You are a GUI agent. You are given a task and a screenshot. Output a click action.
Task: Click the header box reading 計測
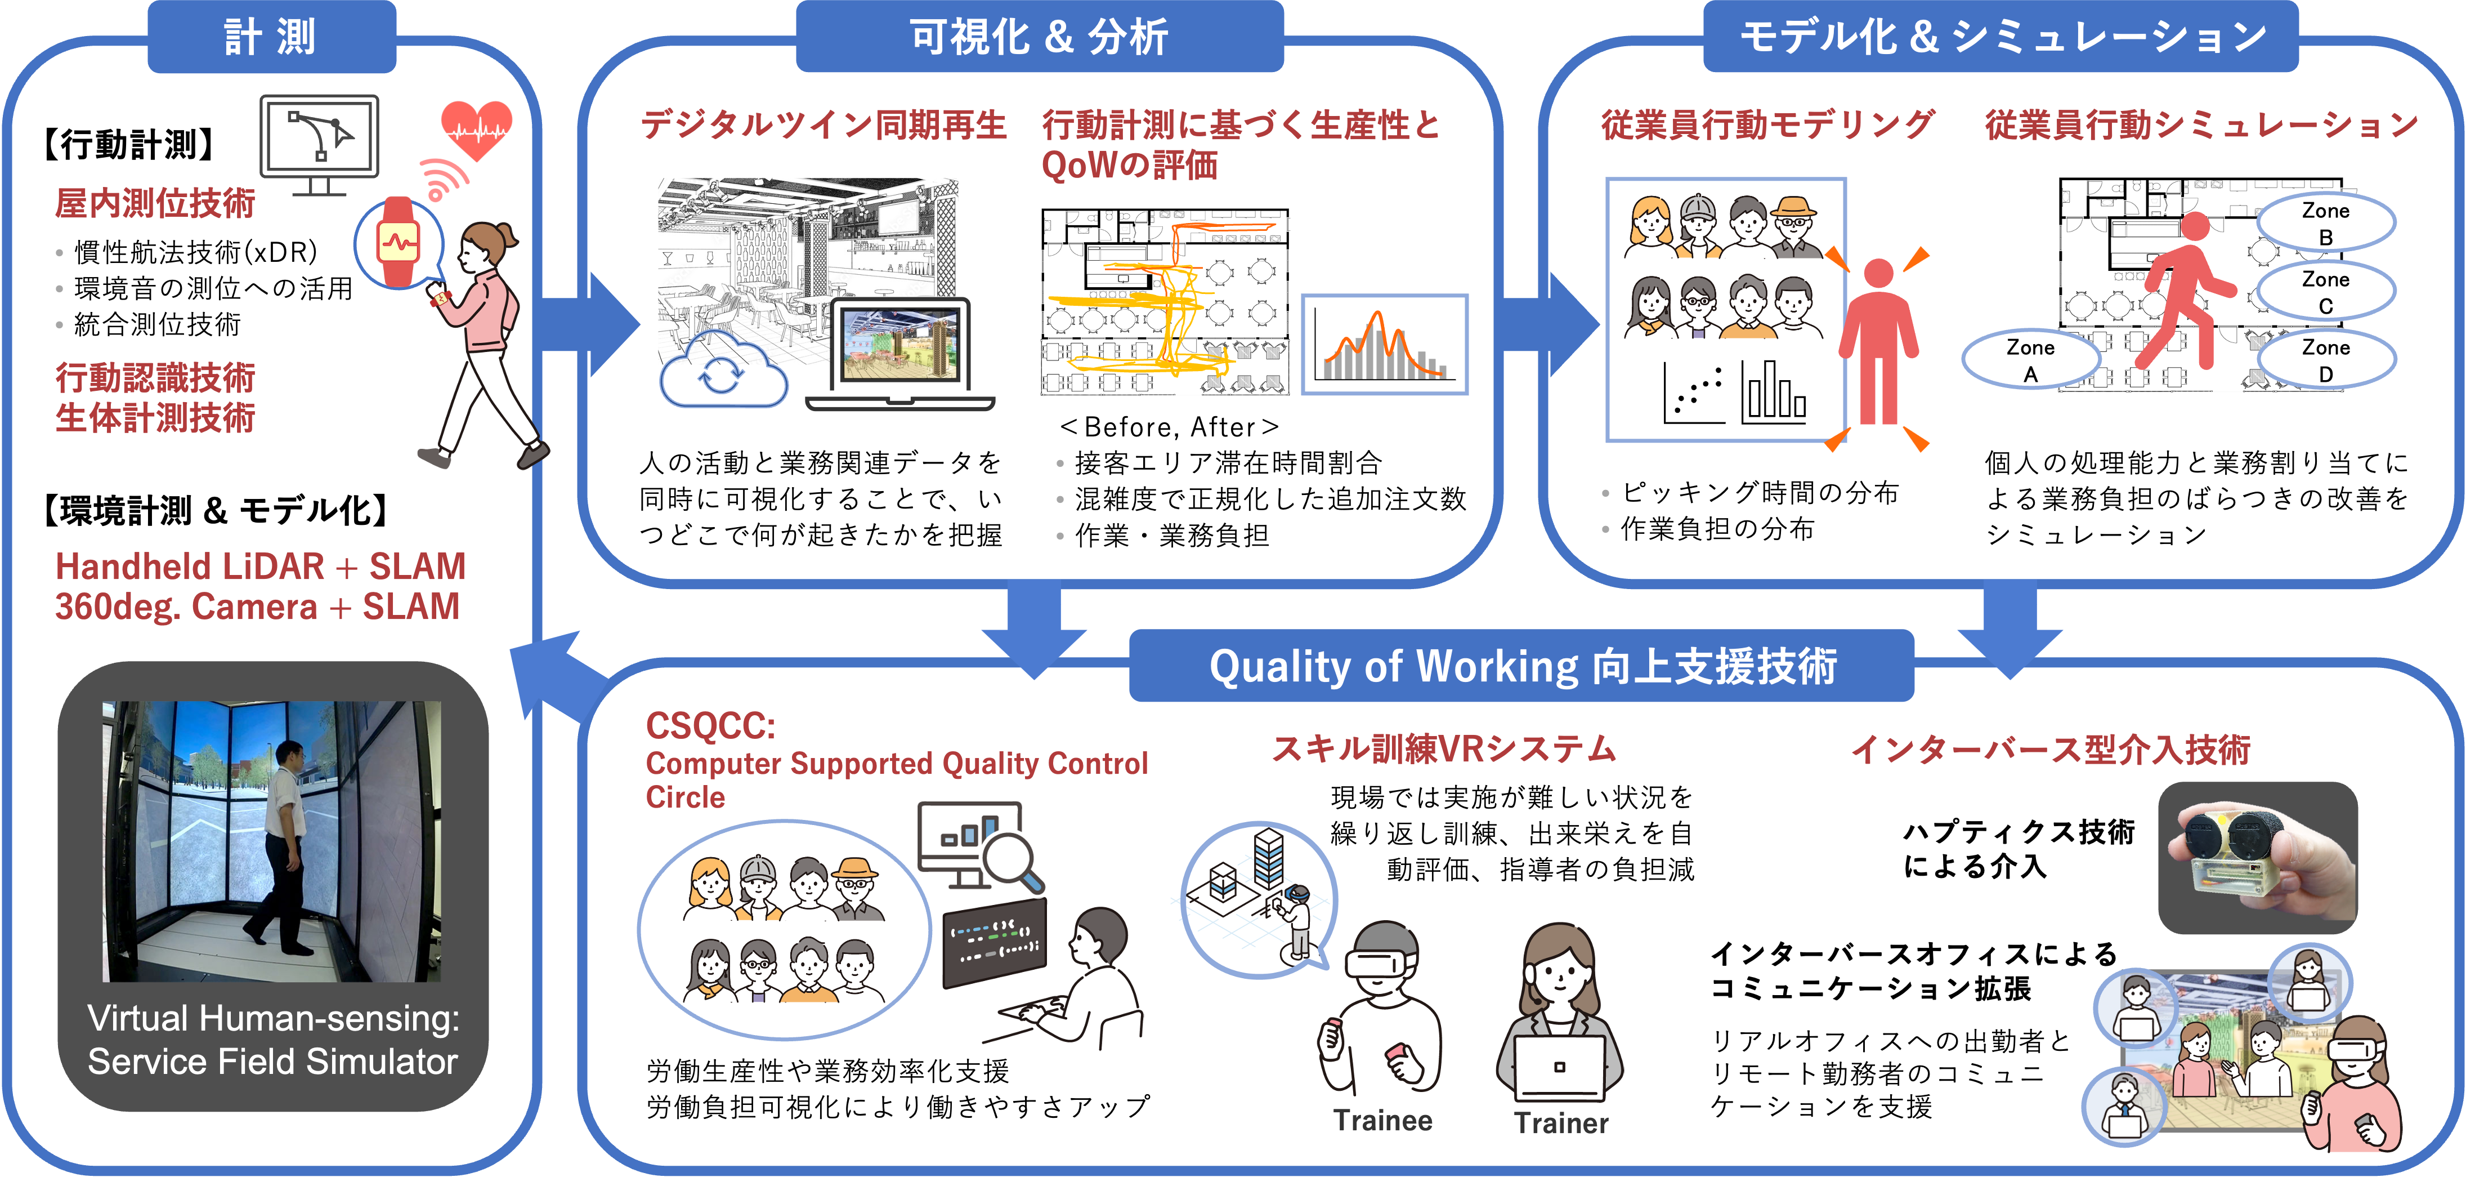[271, 37]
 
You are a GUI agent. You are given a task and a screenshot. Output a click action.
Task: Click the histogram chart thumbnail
[1384, 345]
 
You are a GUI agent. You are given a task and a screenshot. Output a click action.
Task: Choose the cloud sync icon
[723, 376]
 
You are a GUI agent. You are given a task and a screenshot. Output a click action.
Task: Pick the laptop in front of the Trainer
[1559, 1068]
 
